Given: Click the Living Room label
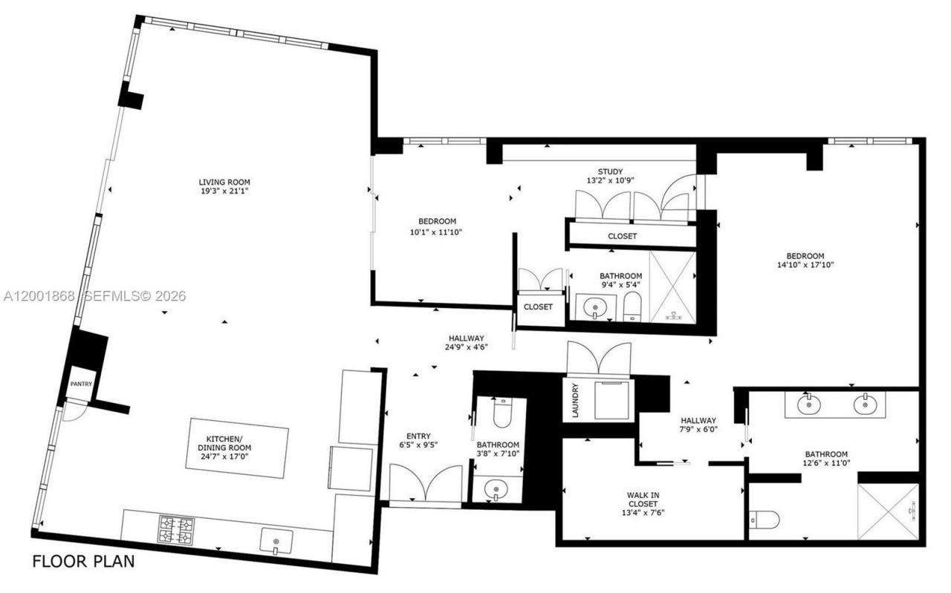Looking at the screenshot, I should coord(224,182).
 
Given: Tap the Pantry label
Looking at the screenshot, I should coord(81,384).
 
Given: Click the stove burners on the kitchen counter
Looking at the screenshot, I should coord(176,530).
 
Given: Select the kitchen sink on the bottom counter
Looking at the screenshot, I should coord(276,541).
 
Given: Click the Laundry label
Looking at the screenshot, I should coord(575,400).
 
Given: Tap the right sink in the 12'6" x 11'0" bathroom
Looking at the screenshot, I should coord(864,404).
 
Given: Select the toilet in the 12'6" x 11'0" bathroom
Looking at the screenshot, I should coord(764,520).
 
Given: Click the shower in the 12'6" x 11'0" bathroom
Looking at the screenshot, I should coord(888,511).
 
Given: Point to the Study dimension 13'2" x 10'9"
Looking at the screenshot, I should coord(610,180).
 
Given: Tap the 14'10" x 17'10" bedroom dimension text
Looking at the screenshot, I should coord(806,265).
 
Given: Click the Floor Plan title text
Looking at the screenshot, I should coord(83,561).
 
